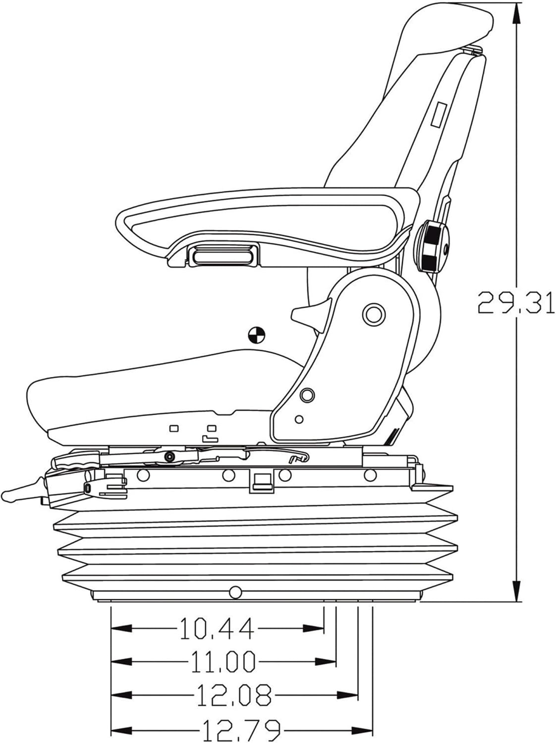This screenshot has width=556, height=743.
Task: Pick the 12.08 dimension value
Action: (x=234, y=695)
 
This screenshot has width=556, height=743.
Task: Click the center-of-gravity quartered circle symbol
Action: (x=257, y=335)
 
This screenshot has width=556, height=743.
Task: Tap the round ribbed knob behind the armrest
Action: (x=435, y=247)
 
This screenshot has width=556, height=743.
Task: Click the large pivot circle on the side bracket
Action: (x=374, y=314)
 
